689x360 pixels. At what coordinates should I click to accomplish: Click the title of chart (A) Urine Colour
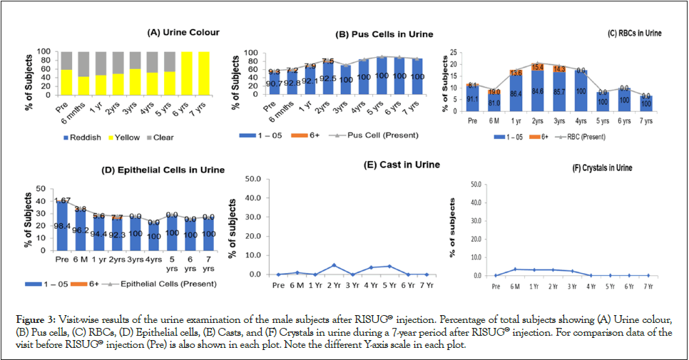coord(183,32)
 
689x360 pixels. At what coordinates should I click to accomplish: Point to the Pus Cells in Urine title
coord(384,34)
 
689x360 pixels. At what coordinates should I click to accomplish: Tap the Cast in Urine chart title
coord(412,165)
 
